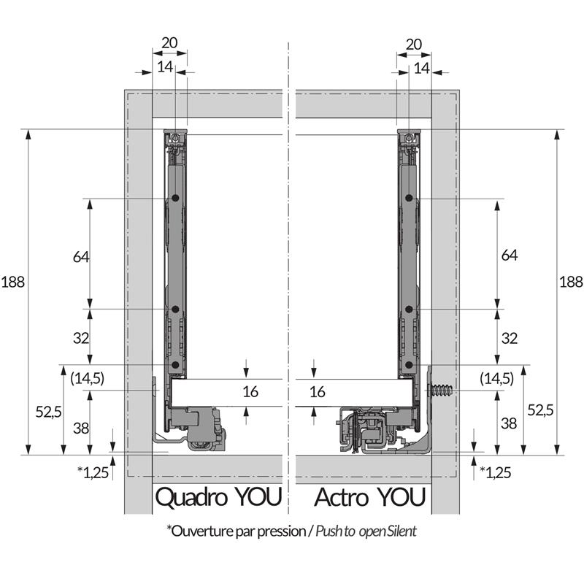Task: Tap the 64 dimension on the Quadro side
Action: (80, 256)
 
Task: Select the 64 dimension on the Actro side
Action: (510, 255)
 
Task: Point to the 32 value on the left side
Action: (80, 338)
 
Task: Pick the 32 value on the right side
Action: (510, 338)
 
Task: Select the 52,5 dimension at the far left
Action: (47, 412)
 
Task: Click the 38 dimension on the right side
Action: (510, 423)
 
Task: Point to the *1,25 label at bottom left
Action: (93, 472)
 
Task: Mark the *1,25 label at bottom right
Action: (495, 472)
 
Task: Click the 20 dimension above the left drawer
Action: (169, 43)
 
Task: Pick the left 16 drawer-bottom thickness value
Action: (250, 392)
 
